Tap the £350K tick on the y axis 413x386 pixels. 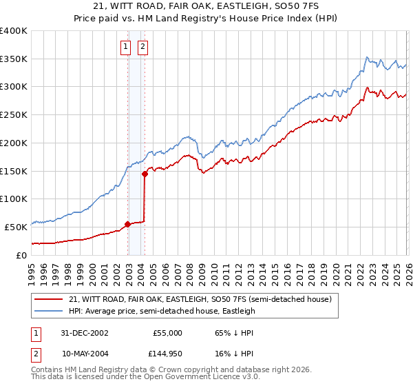[x=14, y=59]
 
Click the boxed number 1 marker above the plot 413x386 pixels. [x=127, y=47]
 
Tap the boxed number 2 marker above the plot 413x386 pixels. [x=143, y=47]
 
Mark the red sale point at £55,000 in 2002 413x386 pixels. [x=128, y=224]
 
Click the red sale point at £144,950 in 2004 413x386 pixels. [x=145, y=174]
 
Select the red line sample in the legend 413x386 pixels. [x=49, y=299]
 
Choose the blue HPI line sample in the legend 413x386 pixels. [x=49, y=311]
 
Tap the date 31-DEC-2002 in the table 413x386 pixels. [x=85, y=332]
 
